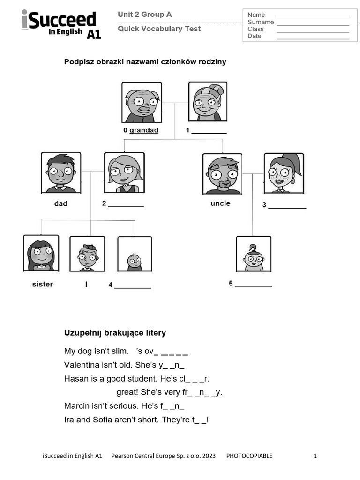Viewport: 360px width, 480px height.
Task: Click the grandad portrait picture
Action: click(x=142, y=103)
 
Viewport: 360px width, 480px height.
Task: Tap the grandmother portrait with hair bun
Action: click(x=208, y=102)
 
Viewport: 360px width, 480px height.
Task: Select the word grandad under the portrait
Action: click(x=144, y=130)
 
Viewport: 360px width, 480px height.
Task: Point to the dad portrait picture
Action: click(x=61, y=172)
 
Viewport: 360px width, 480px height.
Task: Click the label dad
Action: click(x=61, y=203)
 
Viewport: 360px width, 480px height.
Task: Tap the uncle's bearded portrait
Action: click(x=222, y=173)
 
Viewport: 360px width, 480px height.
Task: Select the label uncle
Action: click(x=220, y=203)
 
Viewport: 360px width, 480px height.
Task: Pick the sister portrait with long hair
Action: click(x=41, y=253)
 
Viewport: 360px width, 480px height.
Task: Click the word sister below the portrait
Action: click(x=42, y=284)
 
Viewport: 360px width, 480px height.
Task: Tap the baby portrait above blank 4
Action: click(x=135, y=254)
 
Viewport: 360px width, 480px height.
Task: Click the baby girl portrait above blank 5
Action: click(x=254, y=254)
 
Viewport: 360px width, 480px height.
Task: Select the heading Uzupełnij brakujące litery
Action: click(x=115, y=333)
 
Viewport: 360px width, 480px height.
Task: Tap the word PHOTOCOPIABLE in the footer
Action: click(x=249, y=456)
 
